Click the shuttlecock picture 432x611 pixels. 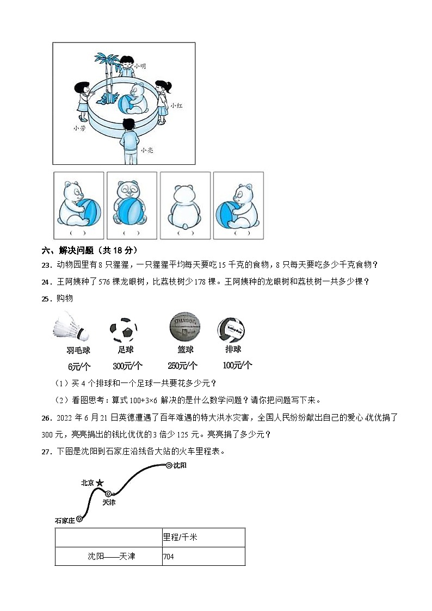pyautogui.click(x=72, y=327)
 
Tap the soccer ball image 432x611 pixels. pyautogui.click(x=123, y=330)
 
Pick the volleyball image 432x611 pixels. pyautogui.click(x=231, y=329)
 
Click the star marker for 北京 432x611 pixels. pyautogui.click(x=100, y=483)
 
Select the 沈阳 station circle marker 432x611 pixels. pyautogui.click(x=169, y=465)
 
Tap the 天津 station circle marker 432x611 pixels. pyautogui.click(x=108, y=493)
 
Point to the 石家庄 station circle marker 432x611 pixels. pyautogui.click(x=79, y=519)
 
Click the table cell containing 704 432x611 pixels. pyautogui.click(x=203, y=557)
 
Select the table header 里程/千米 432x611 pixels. pyautogui.click(x=203, y=538)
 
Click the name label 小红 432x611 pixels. pyautogui.click(x=175, y=106)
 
